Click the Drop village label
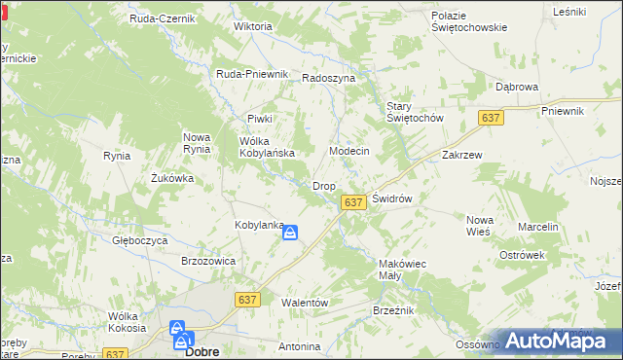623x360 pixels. coord(323,186)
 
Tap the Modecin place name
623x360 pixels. coord(349,153)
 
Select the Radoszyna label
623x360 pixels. coord(328,78)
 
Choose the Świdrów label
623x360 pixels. coord(393,198)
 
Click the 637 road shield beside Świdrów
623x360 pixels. coord(353,202)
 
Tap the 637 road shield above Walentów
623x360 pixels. coord(246,301)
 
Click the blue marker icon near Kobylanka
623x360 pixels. coord(290,233)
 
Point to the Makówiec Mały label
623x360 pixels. coord(403,269)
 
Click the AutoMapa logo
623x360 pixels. coord(562,342)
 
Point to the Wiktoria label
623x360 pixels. coord(252,26)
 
